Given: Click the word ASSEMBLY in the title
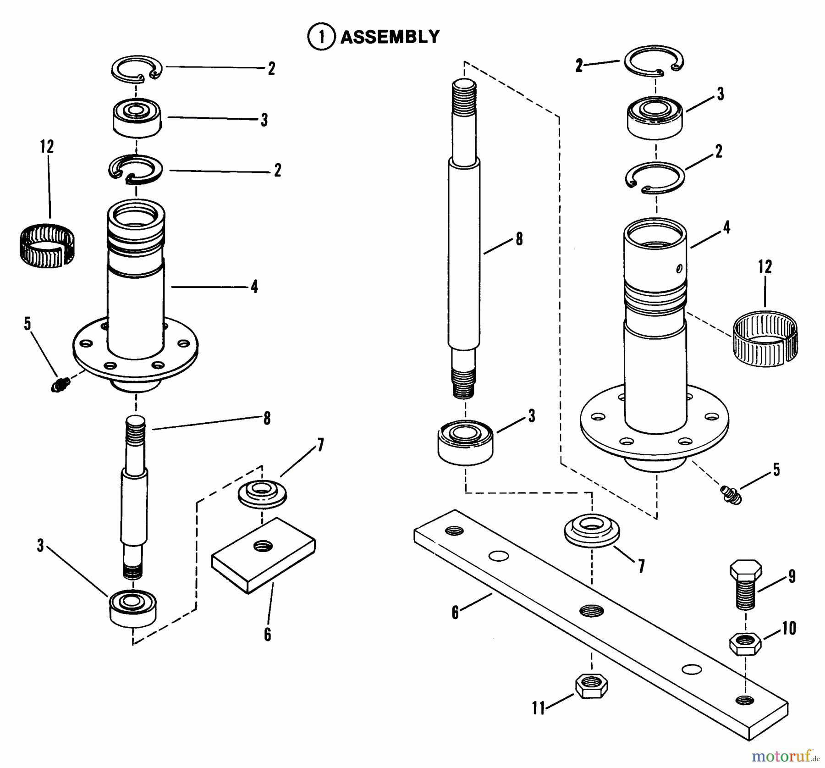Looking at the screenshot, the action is tap(390, 37).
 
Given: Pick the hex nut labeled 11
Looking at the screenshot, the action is tap(591, 685).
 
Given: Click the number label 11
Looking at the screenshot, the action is tap(539, 708).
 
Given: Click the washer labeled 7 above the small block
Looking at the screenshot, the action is tap(262, 493).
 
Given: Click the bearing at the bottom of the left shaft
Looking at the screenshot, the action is tap(133, 608).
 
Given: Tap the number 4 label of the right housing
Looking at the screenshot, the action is tap(726, 227).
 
